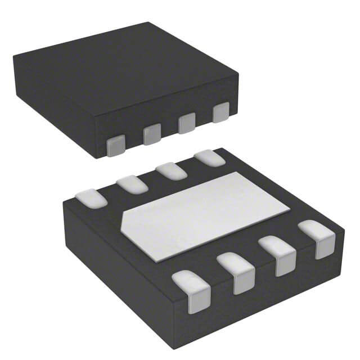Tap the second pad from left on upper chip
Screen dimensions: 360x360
pos(151,135)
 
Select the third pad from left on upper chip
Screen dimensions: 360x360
pos(186,124)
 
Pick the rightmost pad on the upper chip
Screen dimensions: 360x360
pos(221,113)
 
